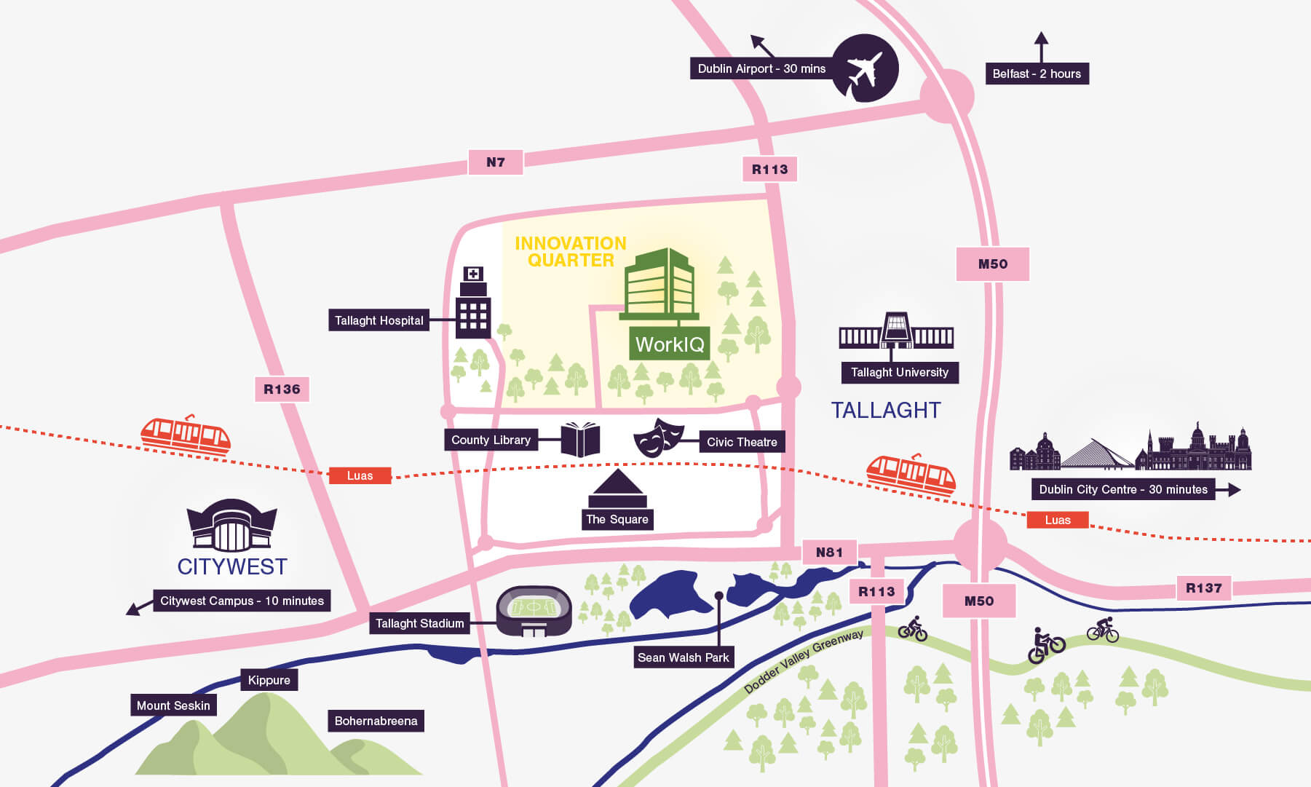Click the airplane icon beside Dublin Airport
(x=865, y=68)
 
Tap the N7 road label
(x=496, y=162)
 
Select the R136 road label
(x=282, y=389)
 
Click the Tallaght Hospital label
(x=379, y=320)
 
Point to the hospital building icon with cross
(x=473, y=304)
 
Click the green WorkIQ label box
(x=670, y=344)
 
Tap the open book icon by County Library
(x=580, y=440)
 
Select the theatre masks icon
(x=658, y=438)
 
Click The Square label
(x=617, y=519)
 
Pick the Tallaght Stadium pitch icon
(x=534, y=610)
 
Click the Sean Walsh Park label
(x=683, y=657)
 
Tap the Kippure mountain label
(x=269, y=680)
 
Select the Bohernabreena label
(x=376, y=721)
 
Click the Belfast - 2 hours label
(x=1037, y=74)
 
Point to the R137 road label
(x=1203, y=588)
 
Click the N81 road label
(x=829, y=553)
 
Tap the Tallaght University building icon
(x=896, y=333)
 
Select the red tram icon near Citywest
(x=185, y=436)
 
